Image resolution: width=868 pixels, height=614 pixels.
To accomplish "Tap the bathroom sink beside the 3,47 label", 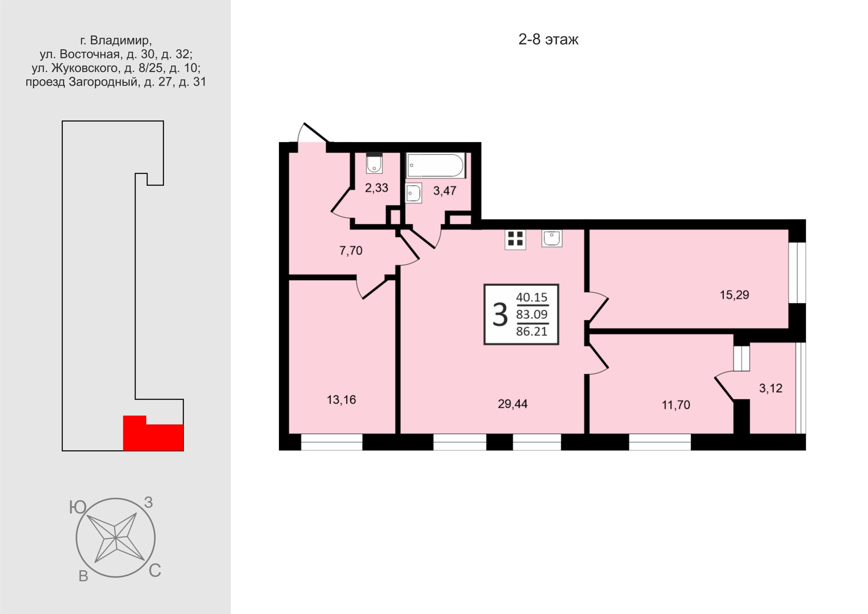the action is point(414,193).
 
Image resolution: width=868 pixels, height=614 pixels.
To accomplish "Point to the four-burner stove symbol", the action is point(515,239).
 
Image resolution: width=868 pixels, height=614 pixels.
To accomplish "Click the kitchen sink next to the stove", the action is point(552,238).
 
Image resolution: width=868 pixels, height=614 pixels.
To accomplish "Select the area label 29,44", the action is point(512,404).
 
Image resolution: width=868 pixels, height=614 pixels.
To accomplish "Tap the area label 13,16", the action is point(341,399).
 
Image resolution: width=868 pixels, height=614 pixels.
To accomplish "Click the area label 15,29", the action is point(734,295).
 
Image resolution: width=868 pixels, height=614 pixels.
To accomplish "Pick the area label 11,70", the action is point(676,405).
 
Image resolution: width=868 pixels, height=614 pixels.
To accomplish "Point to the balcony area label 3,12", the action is point(771,388).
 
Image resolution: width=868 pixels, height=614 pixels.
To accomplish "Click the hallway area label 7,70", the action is point(351,251).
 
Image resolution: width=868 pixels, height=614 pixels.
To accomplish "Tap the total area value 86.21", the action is point(532,331).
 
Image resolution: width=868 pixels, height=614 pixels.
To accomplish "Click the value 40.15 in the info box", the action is point(532,297).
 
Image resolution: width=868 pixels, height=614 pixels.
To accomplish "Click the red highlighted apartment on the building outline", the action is point(153,433).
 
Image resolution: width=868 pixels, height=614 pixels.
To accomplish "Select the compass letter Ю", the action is point(78,508).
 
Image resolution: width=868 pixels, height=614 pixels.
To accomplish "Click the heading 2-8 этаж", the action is point(548,40).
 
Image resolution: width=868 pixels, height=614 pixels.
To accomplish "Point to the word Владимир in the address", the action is point(121,41).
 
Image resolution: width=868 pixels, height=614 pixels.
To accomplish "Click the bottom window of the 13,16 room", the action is point(331,442).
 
